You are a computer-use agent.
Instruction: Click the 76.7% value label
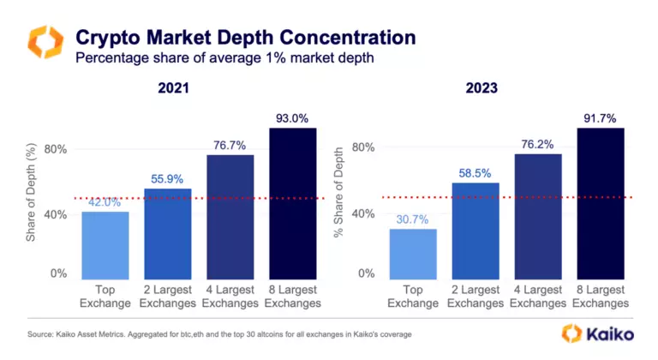(x=230, y=146)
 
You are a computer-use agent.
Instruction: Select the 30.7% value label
(x=413, y=219)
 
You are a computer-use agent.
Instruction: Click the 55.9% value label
(x=168, y=177)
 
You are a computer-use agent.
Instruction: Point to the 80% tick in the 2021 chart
(x=57, y=149)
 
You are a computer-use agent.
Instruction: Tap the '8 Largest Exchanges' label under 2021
(x=292, y=297)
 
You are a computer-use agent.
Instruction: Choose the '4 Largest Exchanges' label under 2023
(x=538, y=297)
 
